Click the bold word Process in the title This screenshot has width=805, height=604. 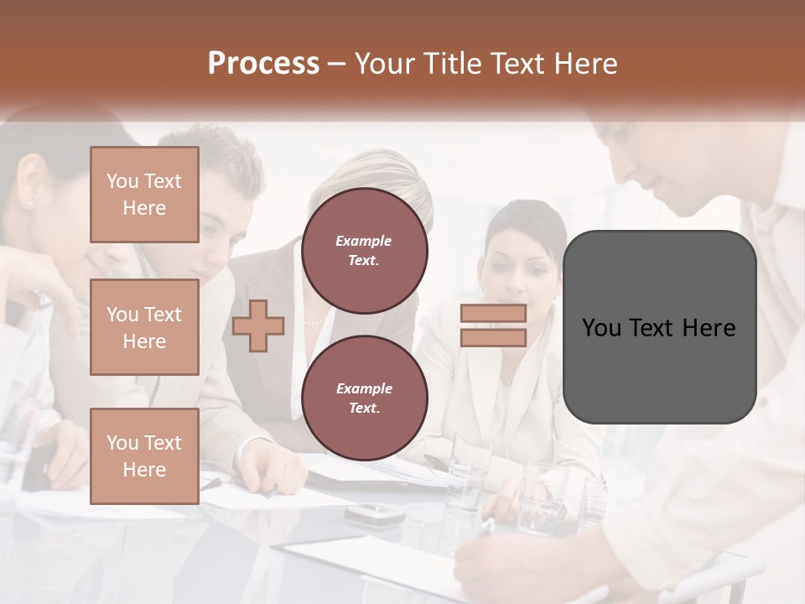(263, 63)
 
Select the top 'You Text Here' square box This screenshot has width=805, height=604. (144, 195)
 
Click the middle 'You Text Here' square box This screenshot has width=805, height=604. (144, 327)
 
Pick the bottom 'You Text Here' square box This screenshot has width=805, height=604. (144, 456)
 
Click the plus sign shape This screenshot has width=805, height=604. (258, 325)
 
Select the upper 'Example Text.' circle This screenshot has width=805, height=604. (365, 251)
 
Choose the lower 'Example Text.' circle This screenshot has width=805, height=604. (365, 398)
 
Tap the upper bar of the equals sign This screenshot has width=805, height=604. (493, 314)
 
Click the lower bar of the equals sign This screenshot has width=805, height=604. (493, 337)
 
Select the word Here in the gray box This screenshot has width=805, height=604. (709, 327)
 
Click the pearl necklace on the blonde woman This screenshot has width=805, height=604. (313, 322)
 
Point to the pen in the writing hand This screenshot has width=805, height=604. (487, 527)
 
